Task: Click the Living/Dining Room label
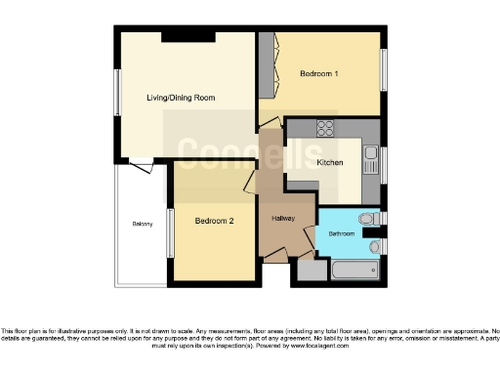(x=180, y=98)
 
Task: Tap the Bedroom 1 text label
(x=320, y=74)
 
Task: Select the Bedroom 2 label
(x=214, y=221)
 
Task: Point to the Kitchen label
(x=328, y=162)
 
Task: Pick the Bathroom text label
(x=341, y=234)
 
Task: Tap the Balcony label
(x=142, y=225)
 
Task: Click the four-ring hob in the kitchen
(x=326, y=128)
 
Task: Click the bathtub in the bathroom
(x=352, y=270)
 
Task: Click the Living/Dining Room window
(x=116, y=98)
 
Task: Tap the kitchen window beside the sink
(x=384, y=162)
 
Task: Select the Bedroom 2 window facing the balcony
(x=169, y=233)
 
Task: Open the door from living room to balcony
(x=144, y=165)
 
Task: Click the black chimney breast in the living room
(x=180, y=36)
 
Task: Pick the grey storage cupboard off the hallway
(x=310, y=271)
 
